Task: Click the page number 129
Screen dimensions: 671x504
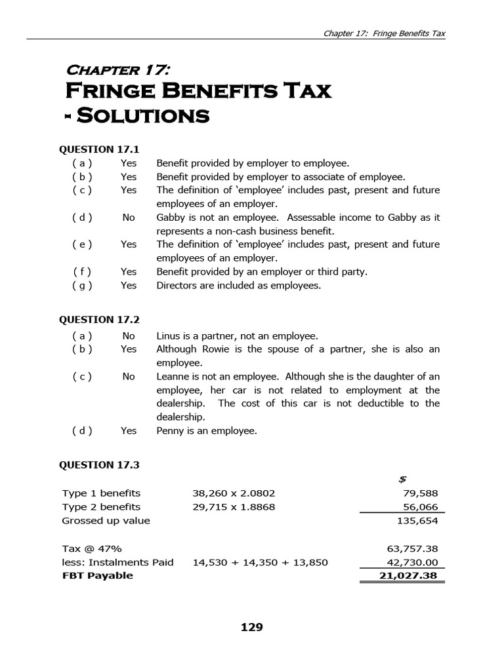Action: [x=252, y=628]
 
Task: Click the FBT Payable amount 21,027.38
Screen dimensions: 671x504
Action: [x=409, y=575]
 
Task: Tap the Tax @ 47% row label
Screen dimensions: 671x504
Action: [x=92, y=548]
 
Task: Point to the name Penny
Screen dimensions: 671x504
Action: [x=171, y=431]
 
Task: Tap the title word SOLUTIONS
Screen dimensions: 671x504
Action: [x=143, y=117]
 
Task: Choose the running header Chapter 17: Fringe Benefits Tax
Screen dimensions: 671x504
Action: [x=385, y=34]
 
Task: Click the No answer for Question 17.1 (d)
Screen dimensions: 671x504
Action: [x=129, y=218]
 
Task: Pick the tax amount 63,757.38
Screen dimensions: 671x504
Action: [x=413, y=548]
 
